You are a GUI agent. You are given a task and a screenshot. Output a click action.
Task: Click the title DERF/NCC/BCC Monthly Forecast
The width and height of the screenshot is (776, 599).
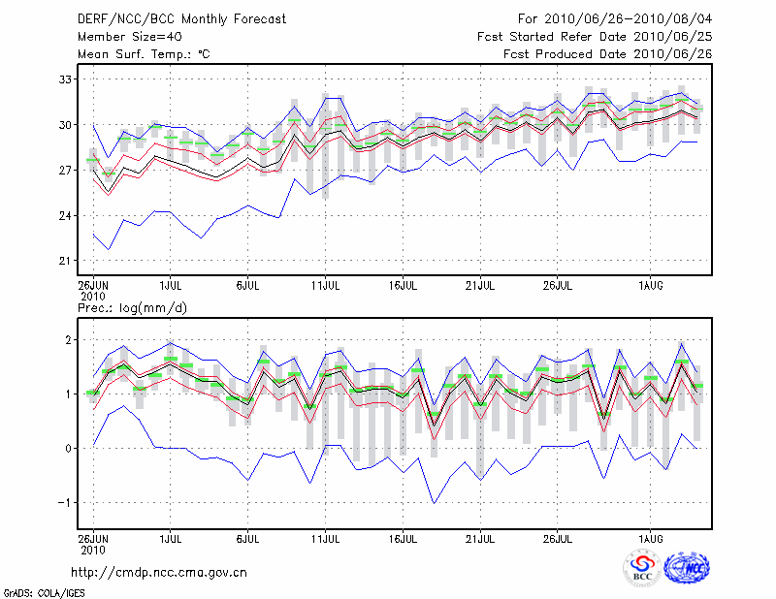pos(182,19)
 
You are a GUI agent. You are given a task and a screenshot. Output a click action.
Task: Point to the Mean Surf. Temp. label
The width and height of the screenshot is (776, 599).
pos(144,54)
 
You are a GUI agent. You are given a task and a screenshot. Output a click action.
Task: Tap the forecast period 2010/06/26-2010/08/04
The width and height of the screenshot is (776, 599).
pos(615,19)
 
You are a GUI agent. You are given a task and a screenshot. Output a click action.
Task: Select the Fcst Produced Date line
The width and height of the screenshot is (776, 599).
pos(607,54)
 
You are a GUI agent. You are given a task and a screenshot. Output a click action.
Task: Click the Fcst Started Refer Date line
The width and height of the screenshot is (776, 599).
pos(595,37)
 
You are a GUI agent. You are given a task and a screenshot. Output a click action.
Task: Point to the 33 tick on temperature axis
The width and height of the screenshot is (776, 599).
pos(64,79)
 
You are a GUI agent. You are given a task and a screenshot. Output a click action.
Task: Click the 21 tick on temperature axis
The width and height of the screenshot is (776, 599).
pos(64,261)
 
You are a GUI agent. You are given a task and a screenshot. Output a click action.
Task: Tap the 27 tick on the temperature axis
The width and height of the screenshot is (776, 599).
pos(64,171)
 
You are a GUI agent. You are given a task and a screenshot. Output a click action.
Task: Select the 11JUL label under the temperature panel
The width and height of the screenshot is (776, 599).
pos(326,286)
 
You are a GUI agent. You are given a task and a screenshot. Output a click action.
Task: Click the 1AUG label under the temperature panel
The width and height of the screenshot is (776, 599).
pos(651,286)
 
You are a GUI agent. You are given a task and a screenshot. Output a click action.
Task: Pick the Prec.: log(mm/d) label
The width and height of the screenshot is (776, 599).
pos(134,307)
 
